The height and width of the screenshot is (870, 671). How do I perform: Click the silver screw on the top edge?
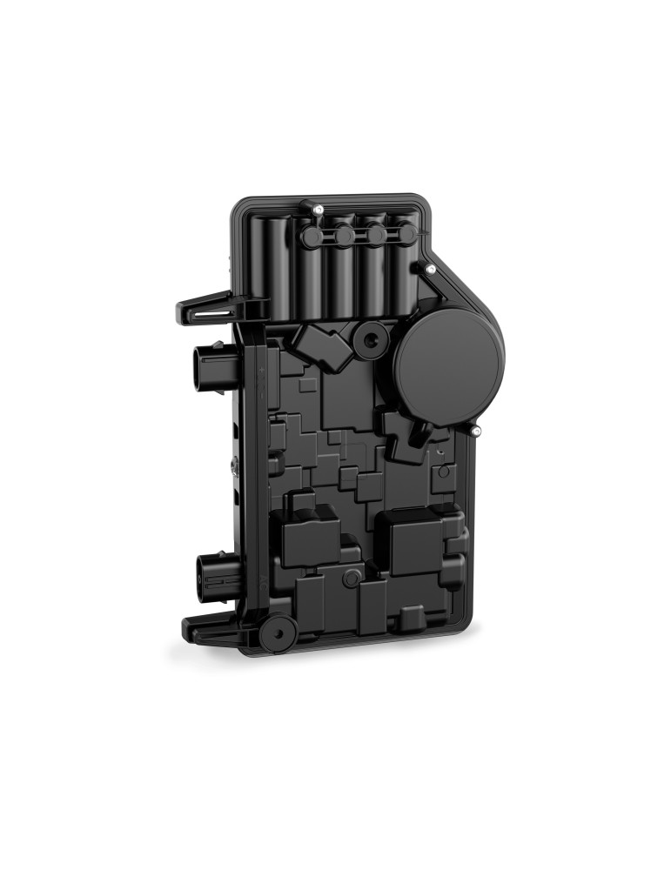pos(320,210)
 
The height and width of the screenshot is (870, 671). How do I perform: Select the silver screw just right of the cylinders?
pos(430,270)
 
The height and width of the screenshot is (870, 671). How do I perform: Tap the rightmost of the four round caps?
pos(405,233)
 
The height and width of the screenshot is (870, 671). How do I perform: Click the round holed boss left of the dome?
pos(371,339)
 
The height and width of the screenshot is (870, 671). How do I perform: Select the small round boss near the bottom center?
pos(351,578)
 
